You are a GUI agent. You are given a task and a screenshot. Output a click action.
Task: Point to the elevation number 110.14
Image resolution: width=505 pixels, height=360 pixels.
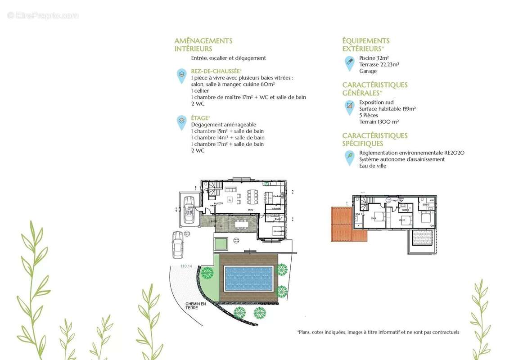click(x=186, y=266)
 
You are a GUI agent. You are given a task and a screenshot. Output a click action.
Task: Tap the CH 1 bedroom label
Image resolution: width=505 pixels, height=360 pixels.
click(x=373, y=218)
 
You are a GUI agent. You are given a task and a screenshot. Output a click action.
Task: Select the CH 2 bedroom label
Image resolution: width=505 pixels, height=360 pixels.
click(x=402, y=220)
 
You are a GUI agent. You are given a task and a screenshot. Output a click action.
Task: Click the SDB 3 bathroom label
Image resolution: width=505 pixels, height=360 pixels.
click(x=425, y=205)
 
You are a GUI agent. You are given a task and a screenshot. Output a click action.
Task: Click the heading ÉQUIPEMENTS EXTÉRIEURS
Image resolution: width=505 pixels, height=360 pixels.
click(x=365, y=45)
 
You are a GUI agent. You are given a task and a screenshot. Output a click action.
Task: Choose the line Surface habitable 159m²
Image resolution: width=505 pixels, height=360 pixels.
click(x=387, y=108)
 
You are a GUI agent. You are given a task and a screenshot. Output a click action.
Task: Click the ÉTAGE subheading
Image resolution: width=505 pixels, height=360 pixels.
click(x=201, y=118)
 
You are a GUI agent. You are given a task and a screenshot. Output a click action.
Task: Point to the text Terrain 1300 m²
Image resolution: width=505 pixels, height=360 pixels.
click(x=379, y=121)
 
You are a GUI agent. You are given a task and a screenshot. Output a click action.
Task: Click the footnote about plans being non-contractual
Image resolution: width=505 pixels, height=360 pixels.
click(x=378, y=332)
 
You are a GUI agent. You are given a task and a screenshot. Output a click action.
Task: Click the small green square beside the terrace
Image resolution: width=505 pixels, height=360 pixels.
click(x=221, y=244)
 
